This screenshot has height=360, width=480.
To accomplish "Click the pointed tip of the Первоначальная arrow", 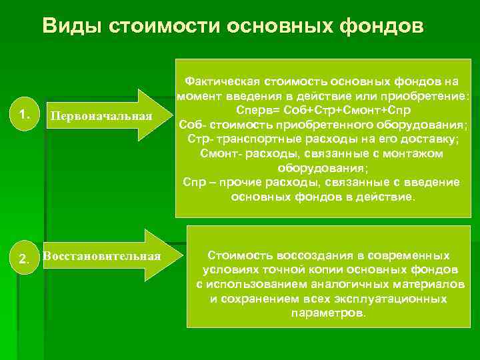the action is click(164, 115).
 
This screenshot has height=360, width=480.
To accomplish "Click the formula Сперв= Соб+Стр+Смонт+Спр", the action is click(323, 109).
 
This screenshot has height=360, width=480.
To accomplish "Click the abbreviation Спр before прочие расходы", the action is click(193, 183).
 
